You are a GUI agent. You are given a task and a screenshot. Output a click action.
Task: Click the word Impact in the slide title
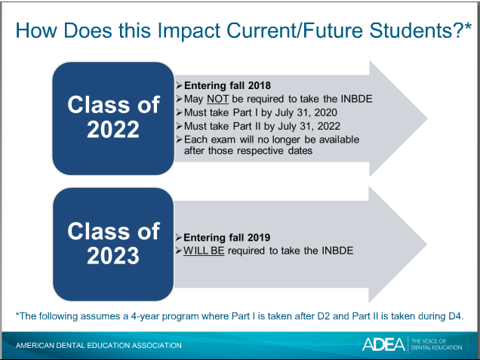[189, 31]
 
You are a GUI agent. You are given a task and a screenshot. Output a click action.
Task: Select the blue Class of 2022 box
[113, 118]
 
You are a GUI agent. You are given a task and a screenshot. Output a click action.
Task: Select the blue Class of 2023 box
[113, 245]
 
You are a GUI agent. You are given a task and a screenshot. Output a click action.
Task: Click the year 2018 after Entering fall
[260, 85]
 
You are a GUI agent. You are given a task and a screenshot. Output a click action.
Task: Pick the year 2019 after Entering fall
[259, 238]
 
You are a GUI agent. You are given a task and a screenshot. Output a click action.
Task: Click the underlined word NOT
[217, 99]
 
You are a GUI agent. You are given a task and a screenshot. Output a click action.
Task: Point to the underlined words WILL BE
[204, 251]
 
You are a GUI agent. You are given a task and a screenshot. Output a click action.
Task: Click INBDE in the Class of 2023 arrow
[337, 251]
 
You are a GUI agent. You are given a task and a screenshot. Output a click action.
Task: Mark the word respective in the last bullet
[260, 151]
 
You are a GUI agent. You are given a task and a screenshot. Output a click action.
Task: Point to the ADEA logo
[383, 344]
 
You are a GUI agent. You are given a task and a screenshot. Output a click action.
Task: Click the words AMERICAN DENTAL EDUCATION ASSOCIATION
[99, 346]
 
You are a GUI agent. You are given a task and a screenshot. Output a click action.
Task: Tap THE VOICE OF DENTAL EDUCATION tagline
[436, 344]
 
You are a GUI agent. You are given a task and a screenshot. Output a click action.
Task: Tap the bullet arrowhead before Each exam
[180, 140]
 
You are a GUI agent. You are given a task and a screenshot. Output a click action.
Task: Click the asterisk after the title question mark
[468, 26]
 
